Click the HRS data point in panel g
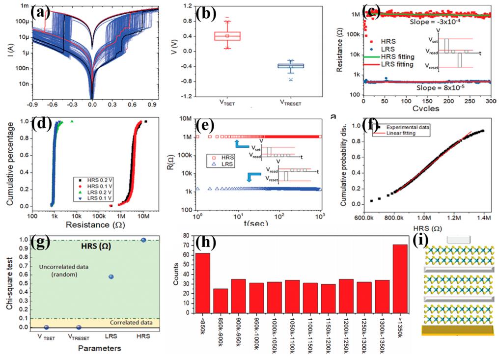click(143, 240)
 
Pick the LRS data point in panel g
click(111, 277)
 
